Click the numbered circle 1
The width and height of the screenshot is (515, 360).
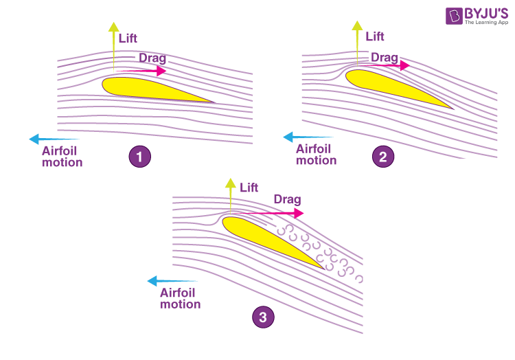coord(140,157)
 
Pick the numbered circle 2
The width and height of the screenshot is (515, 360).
coord(383,157)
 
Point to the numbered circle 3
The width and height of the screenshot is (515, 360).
coord(262,317)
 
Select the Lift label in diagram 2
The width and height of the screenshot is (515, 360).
coord(375,36)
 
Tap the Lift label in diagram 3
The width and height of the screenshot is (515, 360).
coord(248,186)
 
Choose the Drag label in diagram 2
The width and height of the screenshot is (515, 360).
coord(385,57)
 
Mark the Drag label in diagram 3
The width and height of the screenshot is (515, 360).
coord(287,199)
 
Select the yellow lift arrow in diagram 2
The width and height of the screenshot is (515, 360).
coord(357,43)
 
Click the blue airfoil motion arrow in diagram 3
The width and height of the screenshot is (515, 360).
coord(172,281)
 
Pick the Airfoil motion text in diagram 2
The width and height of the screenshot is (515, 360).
coord(316,154)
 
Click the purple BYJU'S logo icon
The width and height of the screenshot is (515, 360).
coord(453,16)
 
